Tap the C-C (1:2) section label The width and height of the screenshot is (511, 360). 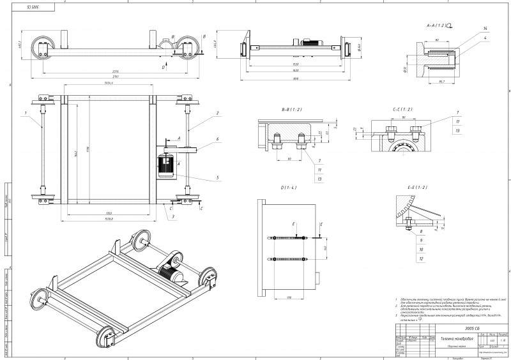click(x=402, y=110)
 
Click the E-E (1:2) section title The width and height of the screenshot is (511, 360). click(x=415, y=187)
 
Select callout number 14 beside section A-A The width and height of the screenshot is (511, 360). click(x=485, y=29)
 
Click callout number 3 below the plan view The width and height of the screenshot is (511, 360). click(x=172, y=216)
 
